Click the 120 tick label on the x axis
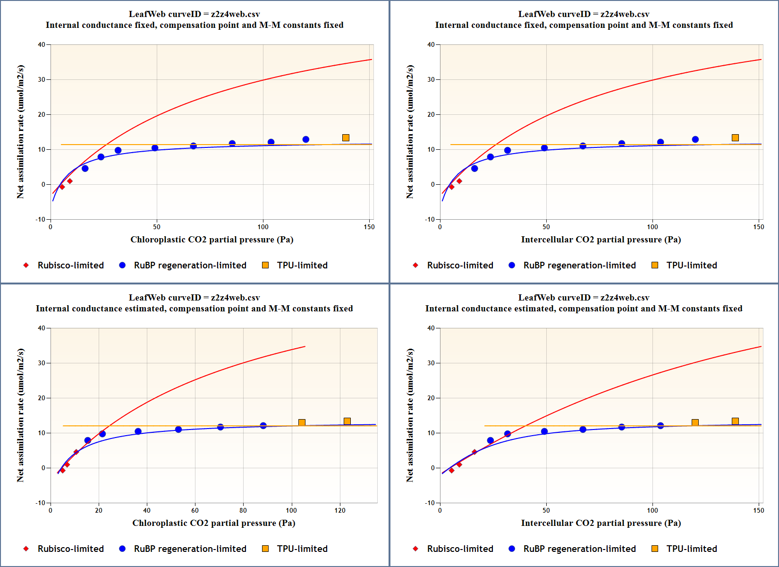340,510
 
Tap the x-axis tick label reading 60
195,510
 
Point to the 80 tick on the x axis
243,510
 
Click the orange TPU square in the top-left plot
346,137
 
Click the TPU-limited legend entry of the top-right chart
691,265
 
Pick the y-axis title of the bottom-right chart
410,415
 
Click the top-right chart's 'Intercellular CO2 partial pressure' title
601,240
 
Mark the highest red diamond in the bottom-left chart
76,452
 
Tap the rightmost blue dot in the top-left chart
306,139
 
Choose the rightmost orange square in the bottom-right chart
735,421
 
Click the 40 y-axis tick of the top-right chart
431,45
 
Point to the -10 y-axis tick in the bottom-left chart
41,503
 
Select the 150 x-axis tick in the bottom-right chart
758,510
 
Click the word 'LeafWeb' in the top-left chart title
145,14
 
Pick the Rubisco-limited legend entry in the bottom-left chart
70,549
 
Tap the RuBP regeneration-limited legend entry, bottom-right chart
579,549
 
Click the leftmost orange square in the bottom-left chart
302,422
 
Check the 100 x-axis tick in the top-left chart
263,227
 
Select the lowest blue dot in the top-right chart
474,168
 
